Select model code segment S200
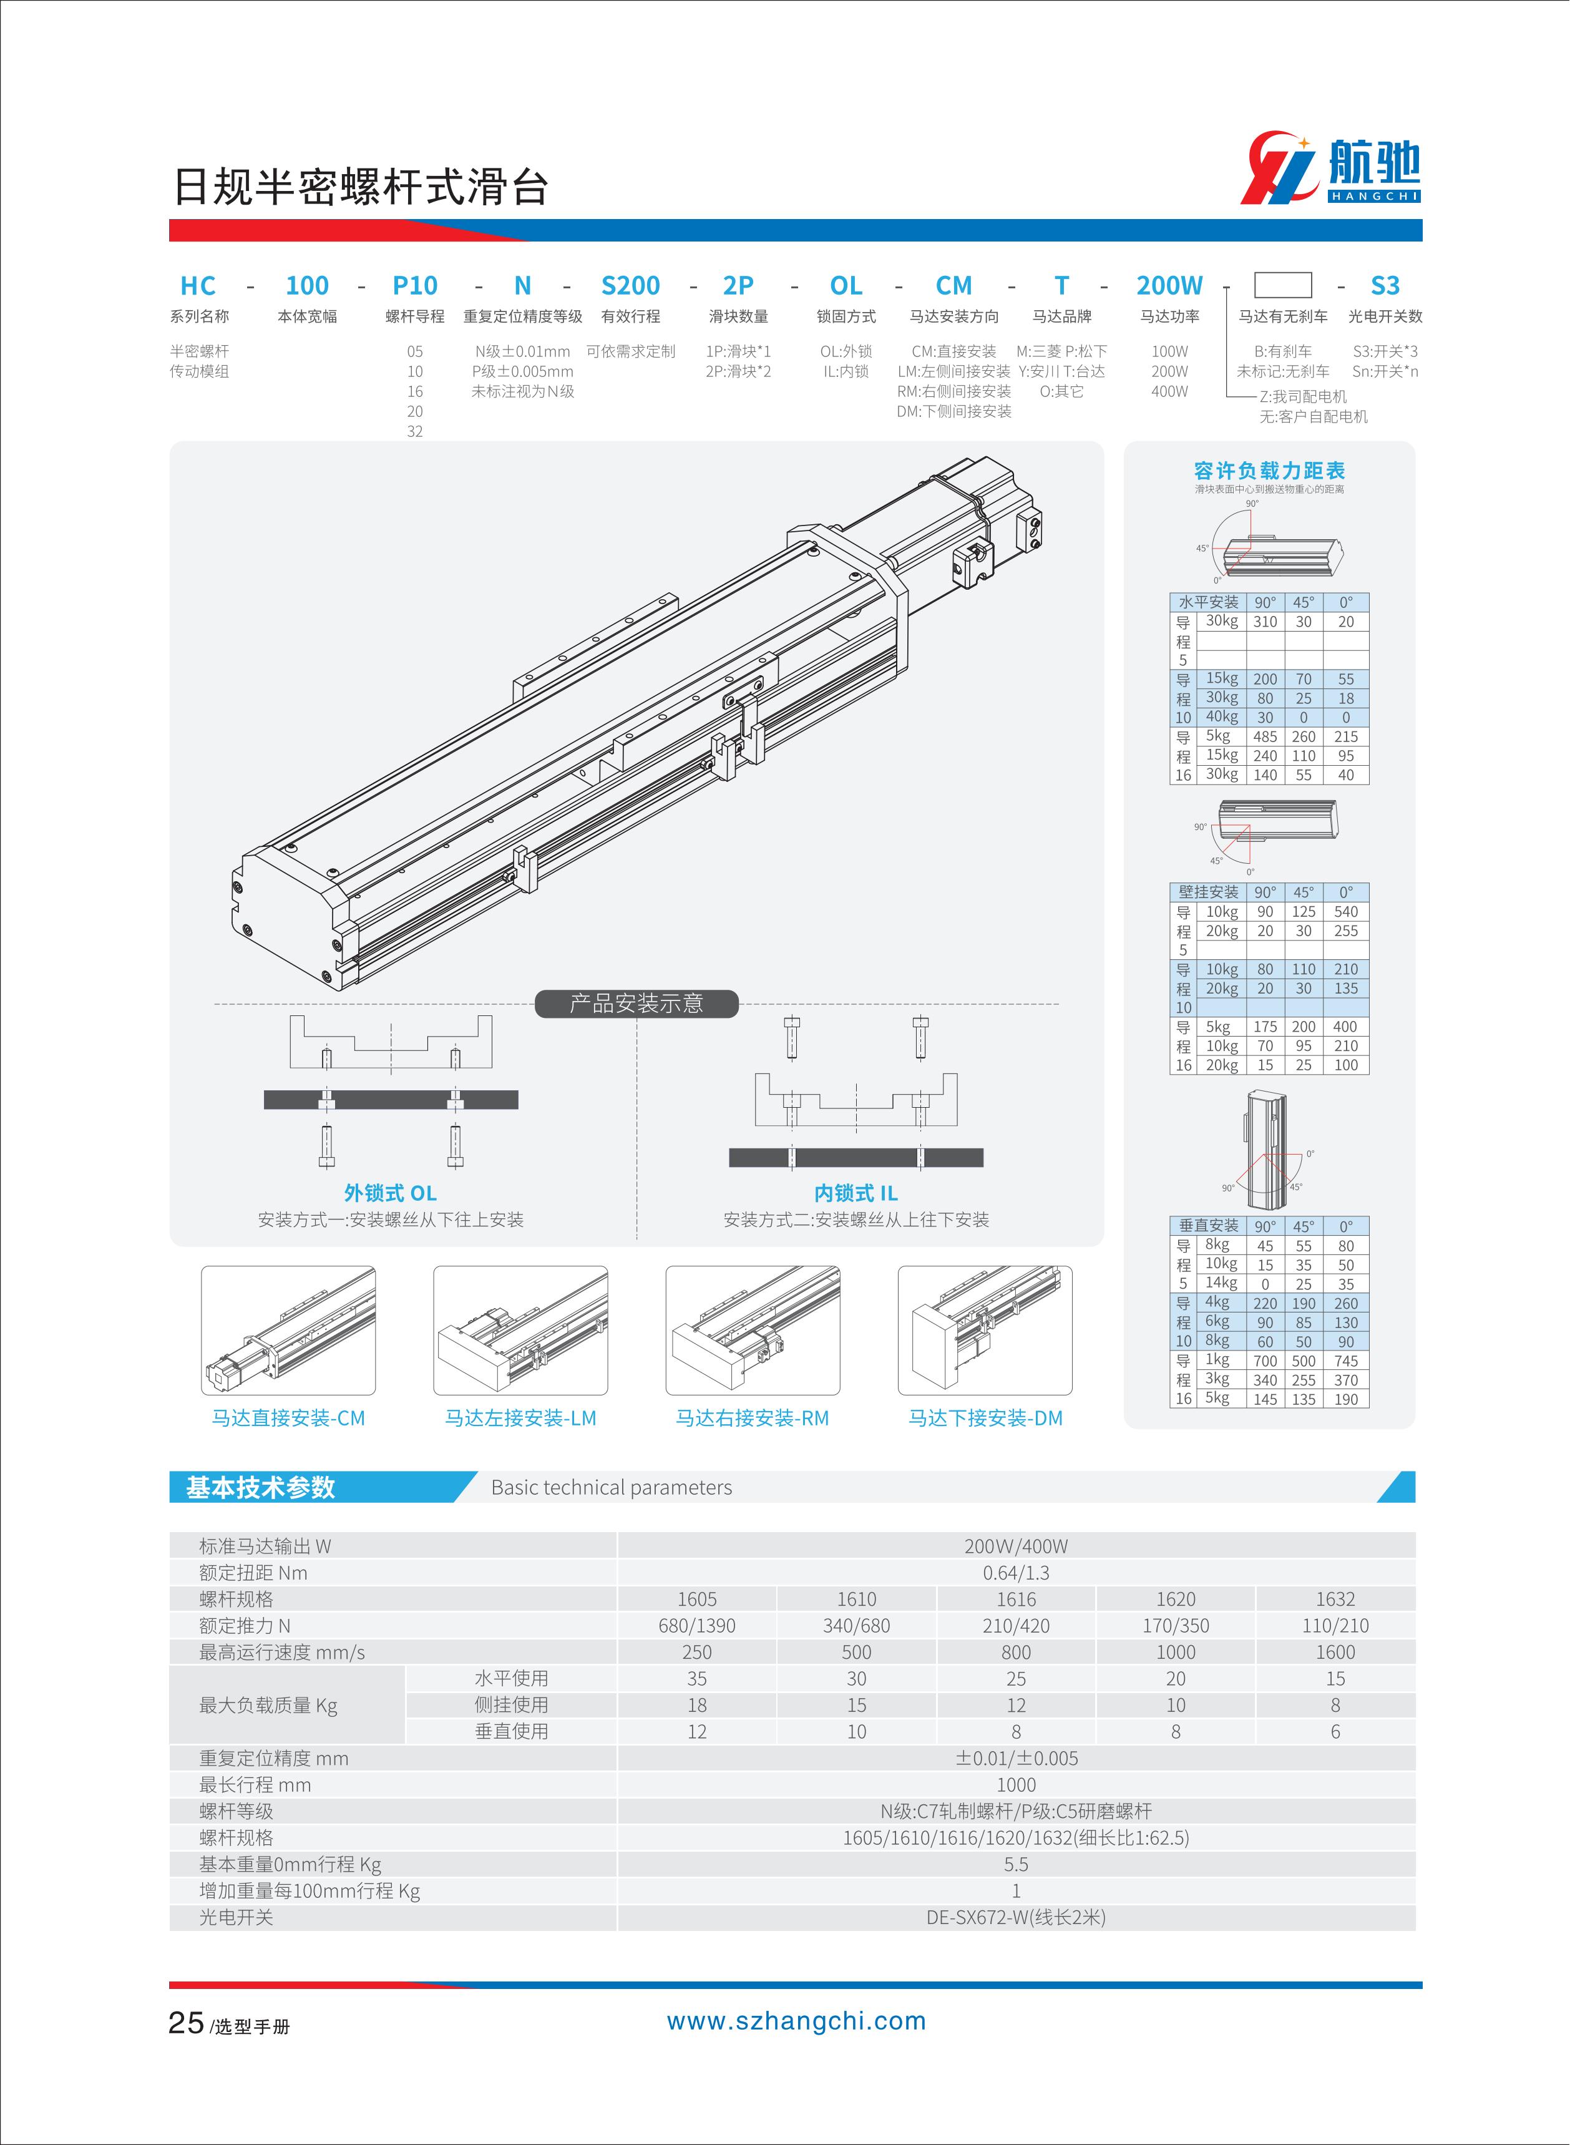[630, 285]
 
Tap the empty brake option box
[1282, 285]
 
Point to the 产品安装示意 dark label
[636, 1004]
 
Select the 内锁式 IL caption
[856, 1193]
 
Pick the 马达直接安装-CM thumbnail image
[288, 1331]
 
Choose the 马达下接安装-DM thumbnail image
[985, 1331]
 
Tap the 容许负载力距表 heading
[1269, 471]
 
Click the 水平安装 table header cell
[1208, 602]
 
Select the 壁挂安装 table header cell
[1208, 892]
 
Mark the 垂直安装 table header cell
[1208, 1226]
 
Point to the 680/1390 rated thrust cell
[696, 1626]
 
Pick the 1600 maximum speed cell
[1335, 1653]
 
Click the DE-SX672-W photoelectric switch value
[1016, 1918]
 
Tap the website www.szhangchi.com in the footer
[796, 2021]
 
